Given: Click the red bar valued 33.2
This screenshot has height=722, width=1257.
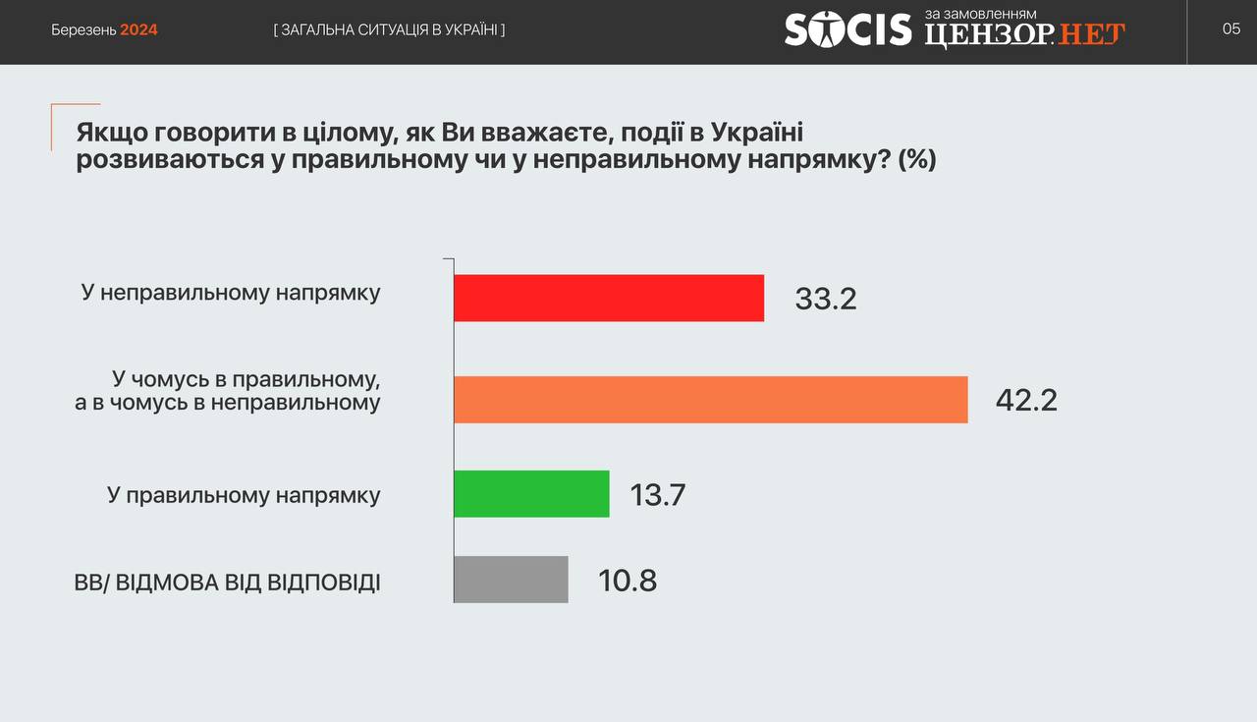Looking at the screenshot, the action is (x=609, y=298).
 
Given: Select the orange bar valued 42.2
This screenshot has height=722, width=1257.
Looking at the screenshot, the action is (x=711, y=400).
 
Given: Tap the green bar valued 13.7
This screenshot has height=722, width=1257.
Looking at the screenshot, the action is (x=531, y=494).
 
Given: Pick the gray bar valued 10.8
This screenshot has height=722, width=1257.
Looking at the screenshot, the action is (x=511, y=580).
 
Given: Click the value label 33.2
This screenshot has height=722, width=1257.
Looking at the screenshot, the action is (x=826, y=299).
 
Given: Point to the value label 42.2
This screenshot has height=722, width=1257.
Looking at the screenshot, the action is (x=1026, y=401).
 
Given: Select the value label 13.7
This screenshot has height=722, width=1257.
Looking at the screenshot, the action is (x=658, y=495).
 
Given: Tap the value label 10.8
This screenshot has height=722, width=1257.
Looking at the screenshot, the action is (x=628, y=581).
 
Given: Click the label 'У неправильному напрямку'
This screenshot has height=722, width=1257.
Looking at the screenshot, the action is (x=231, y=293).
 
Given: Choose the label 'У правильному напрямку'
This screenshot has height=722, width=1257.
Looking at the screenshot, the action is (x=245, y=496).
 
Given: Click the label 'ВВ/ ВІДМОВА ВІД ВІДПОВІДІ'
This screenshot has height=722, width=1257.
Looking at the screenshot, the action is (x=227, y=583).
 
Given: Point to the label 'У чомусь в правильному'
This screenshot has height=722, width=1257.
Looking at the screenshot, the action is (x=246, y=379).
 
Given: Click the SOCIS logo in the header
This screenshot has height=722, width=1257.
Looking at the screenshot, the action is (x=847, y=29).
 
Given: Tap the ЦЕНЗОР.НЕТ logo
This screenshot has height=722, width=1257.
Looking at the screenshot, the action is (x=1024, y=35).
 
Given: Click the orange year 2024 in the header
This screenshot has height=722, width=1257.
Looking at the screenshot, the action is (x=138, y=29).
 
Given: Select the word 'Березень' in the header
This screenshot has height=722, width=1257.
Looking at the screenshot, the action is (x=83, y=30).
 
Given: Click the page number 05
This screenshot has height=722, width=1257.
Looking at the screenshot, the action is (x=1231, y=28).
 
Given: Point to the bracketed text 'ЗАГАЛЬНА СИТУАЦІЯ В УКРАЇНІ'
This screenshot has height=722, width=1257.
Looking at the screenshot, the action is (x=390, y=29).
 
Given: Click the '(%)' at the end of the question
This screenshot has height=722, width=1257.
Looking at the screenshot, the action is (x=917, y=159).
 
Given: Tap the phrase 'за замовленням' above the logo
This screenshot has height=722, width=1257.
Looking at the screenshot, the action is (x=980, y=14).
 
